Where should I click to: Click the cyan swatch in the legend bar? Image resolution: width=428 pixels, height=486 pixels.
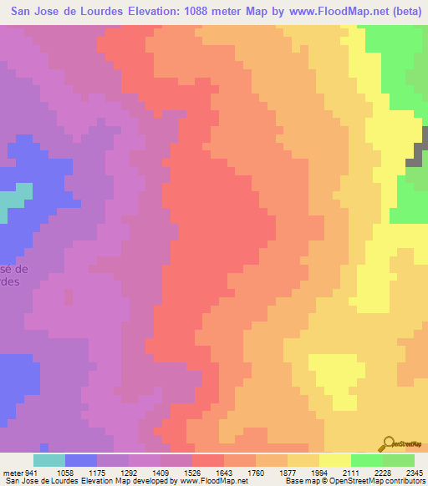[x=49, y=460]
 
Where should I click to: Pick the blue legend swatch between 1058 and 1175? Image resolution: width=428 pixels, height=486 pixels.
[x=81, y=460]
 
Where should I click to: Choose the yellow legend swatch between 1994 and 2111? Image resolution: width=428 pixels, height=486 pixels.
[x=335, y=460]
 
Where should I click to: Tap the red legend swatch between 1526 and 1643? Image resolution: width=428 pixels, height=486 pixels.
[x=208, y=460]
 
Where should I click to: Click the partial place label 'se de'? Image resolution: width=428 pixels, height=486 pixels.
[x=14, y=269]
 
